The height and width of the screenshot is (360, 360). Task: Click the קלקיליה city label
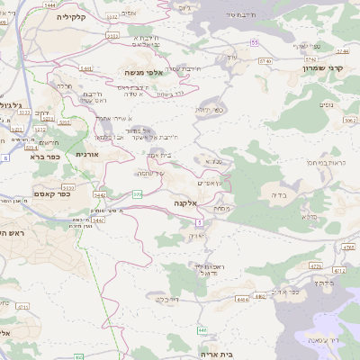click(70, 17)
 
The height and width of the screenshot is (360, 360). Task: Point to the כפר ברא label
click(42, 157)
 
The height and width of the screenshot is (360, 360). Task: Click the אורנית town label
click(87, 155)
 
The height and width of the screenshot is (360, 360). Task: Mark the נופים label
click(327, 105)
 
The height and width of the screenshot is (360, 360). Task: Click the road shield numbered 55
click(255, 42)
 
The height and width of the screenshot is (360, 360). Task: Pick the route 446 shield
click(202, 330)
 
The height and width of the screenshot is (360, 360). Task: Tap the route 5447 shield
click(97, 220)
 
